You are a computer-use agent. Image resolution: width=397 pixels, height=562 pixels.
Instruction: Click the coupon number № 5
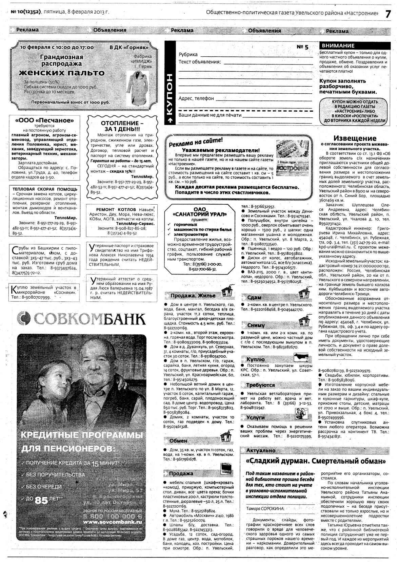pyautogui.click(x=302, y=47)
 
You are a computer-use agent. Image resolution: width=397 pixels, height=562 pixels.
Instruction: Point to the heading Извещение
pyautogui.click(x=355, y=138)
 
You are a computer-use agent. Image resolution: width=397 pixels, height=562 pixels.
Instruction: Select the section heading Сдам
pyautogui.click(x=254, y=297)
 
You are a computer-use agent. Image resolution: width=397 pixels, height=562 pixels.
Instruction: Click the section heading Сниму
pyautogui.click(x=256, y=325)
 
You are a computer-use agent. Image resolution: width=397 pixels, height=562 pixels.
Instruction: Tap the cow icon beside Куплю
pyautogui.click(x=301, y=357)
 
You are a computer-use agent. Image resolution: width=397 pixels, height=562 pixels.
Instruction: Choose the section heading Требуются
pyautogui.click(x=260, y=385)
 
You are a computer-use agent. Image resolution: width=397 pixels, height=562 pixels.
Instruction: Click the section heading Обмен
pyautogui.click(x=178, y=441)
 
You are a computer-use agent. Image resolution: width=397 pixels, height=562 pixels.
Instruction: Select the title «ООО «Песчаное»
pyautogui.click(x=44, y=120)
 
